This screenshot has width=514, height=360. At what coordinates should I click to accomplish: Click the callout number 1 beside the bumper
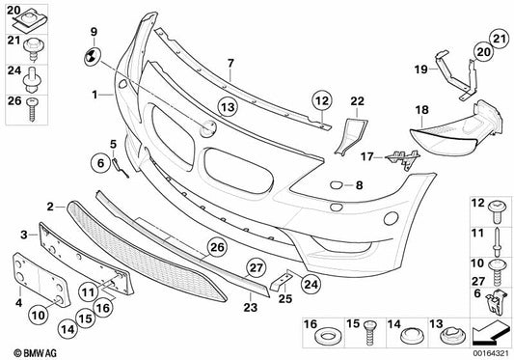pos(95,95)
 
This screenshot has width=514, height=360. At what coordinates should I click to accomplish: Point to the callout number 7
pos(230,64)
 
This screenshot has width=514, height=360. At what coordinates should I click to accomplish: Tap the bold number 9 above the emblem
pos(95,33)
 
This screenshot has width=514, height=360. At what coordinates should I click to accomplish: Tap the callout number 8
pos(358,184)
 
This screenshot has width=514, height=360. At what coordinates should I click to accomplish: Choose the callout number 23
pos(250,308)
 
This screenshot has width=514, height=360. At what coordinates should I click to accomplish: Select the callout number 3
pos(23,235)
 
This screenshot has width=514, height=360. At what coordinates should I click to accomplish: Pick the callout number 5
pos(113,144)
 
